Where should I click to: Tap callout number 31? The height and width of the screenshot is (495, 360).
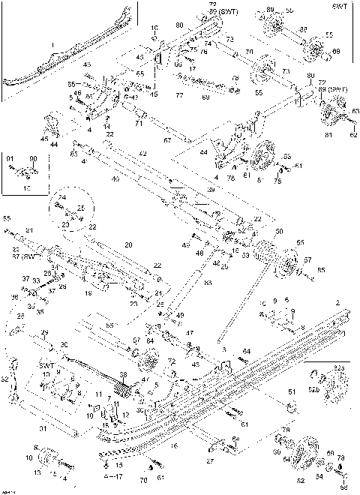[43, 429]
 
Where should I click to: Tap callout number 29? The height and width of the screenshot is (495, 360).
[45, 332]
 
